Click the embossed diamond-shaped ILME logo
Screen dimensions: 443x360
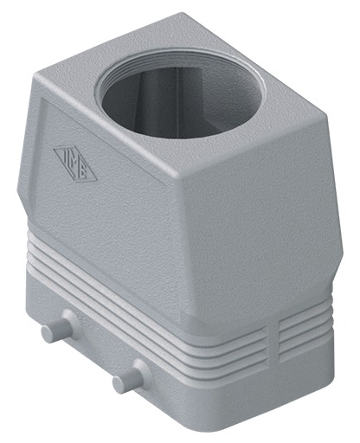pyautogui.click(x=75, y=162)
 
